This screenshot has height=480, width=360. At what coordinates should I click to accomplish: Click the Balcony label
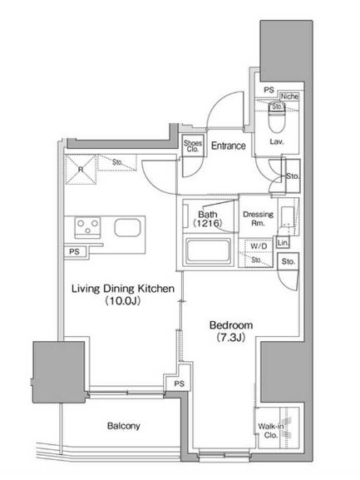coord(124,426)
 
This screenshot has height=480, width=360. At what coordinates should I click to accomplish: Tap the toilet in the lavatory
coord(277,117)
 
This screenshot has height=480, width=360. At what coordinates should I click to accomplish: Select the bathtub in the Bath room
coord(209,250)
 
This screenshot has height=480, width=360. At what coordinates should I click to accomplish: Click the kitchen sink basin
coord(127,228)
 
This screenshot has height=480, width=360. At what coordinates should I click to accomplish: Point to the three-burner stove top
coord(88,227)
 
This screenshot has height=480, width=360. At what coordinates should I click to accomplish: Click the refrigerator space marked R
coord(81,169)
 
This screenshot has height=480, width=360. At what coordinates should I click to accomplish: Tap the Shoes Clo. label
coord(193,146)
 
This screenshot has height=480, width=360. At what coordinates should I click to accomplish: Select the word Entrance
coord(229,146)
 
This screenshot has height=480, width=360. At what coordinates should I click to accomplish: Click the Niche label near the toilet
coord(289,96)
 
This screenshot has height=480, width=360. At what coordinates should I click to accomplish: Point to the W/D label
coord(259,246)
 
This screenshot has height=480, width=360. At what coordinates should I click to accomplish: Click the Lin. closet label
coord(283,243)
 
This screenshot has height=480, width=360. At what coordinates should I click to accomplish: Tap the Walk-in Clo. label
coord(271,430)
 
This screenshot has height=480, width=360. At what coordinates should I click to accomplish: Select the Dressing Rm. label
coord(258,219)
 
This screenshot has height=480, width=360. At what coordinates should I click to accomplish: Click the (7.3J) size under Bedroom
coord(231,338)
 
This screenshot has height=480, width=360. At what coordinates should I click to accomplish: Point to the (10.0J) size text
coord(123,301)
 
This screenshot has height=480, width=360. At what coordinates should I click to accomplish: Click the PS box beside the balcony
coord(180,384)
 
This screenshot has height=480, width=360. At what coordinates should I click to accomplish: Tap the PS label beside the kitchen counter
coord(74,251)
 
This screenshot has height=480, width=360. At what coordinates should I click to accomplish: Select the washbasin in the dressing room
coord(287,217)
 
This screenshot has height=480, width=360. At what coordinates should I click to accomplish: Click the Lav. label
coord(277,141)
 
